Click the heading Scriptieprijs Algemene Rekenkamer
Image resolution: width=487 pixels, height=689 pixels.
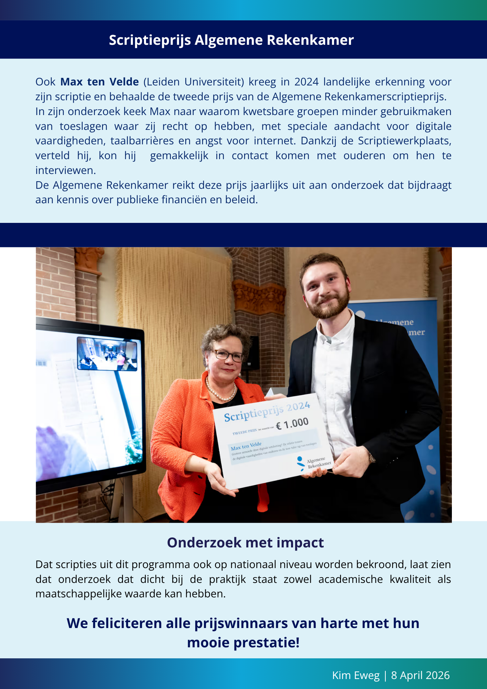pos(231,40)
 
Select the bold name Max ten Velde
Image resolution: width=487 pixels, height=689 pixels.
pos(100,82)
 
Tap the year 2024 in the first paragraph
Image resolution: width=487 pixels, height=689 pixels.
pos(306,82)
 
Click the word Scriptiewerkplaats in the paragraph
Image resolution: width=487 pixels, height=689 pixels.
pos(404,141)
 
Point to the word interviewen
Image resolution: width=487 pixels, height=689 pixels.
pos(65,171)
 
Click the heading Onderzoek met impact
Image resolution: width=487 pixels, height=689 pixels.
pos(245,543)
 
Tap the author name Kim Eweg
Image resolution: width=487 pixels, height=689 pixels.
pos(355,675)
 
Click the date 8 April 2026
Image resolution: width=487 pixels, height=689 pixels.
pos(420,675)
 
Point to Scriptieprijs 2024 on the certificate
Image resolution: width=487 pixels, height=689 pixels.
pos(267,412)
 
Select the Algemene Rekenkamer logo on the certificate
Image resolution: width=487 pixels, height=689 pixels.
pos(313,463)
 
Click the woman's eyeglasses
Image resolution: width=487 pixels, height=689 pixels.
pos(228,355)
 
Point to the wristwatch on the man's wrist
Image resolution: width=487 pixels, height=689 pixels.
pos(372,457)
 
